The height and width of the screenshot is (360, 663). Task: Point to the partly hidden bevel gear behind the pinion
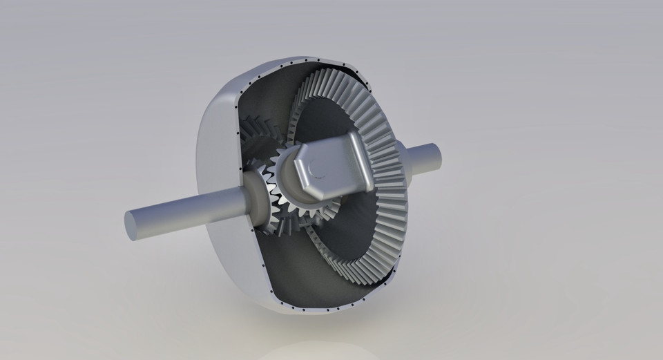click(259, 149)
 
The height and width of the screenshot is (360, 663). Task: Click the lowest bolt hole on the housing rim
click(304, 308)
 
